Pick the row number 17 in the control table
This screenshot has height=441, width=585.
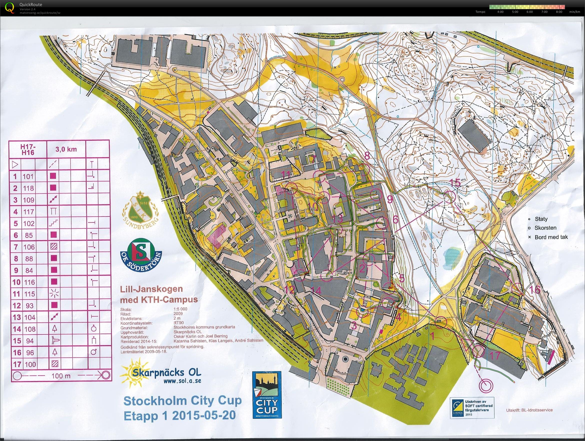16,364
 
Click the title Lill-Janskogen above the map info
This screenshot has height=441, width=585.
151,288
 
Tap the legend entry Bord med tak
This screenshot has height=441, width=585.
551,237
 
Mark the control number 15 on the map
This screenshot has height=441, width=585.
456,182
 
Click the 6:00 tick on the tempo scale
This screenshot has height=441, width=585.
529,12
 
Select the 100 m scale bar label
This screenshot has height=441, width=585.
61,376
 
